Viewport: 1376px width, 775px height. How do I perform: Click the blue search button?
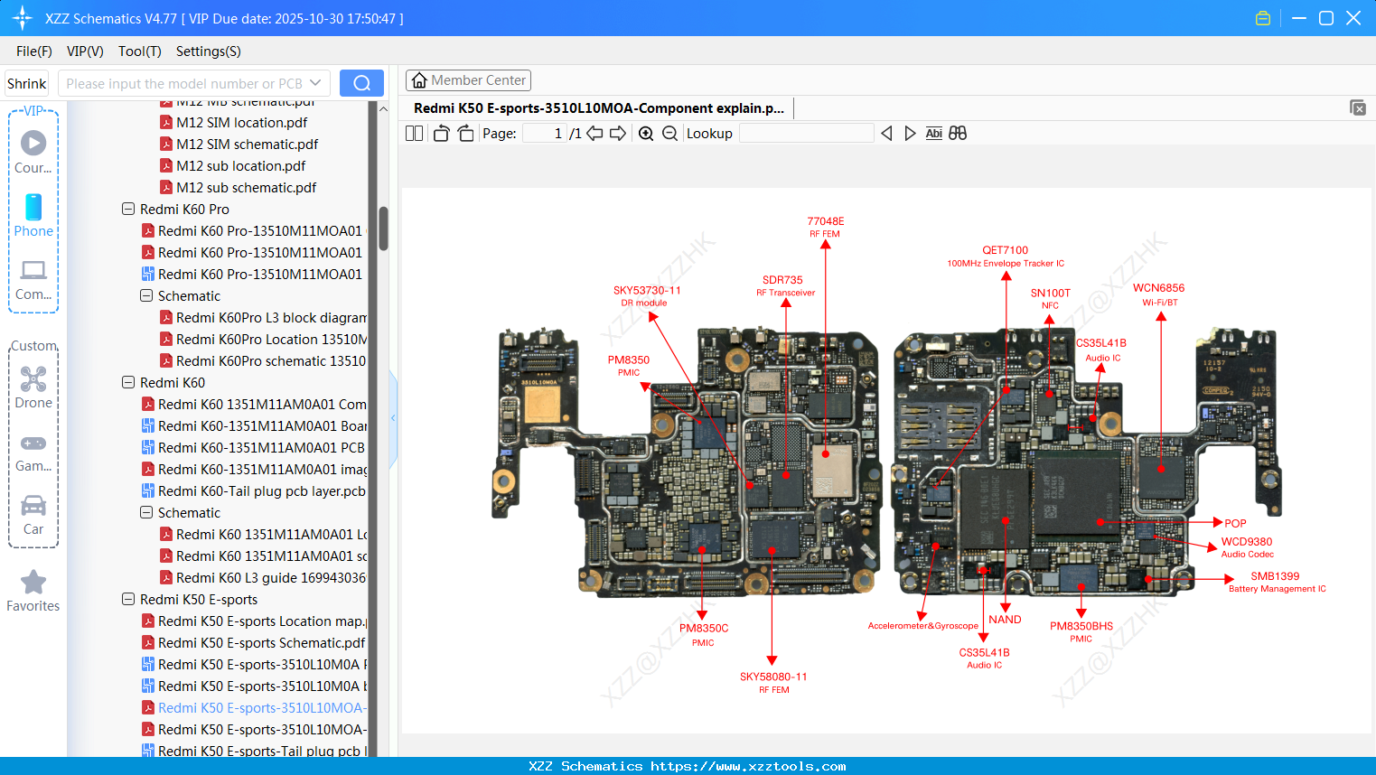tap(361, 83)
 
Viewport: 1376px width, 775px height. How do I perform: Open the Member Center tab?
tap(468, 80)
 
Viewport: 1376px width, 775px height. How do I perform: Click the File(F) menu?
tap(33, 51)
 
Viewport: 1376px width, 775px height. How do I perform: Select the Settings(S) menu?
tap(208, 51)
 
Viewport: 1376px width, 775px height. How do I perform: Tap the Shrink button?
tap(26, 83)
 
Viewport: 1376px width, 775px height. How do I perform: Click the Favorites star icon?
tap(33, 583)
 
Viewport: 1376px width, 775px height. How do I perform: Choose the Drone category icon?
tap(33, 378)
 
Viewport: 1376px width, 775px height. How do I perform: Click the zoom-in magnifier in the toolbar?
tap(646, 134)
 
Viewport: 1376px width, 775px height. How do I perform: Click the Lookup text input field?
tap(806, 134)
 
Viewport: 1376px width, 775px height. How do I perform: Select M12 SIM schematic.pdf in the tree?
tap(247, 145)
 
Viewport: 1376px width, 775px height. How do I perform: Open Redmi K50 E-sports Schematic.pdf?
tap(261, 643)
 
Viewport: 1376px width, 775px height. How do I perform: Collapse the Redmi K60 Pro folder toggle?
tap(128, 210)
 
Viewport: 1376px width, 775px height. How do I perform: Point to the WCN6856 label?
tap(1158, 288)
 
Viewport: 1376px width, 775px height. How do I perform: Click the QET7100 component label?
tap(1005, 250)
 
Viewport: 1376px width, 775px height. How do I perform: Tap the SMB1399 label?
tap(1275, 576)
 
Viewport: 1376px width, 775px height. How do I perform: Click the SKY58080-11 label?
tap(773, 677)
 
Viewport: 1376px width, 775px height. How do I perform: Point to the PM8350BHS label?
tap(1081, 626)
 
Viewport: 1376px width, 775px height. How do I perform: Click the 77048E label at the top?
tap(825, 221)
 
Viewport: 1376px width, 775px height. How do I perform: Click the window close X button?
tap(1353, 18)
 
